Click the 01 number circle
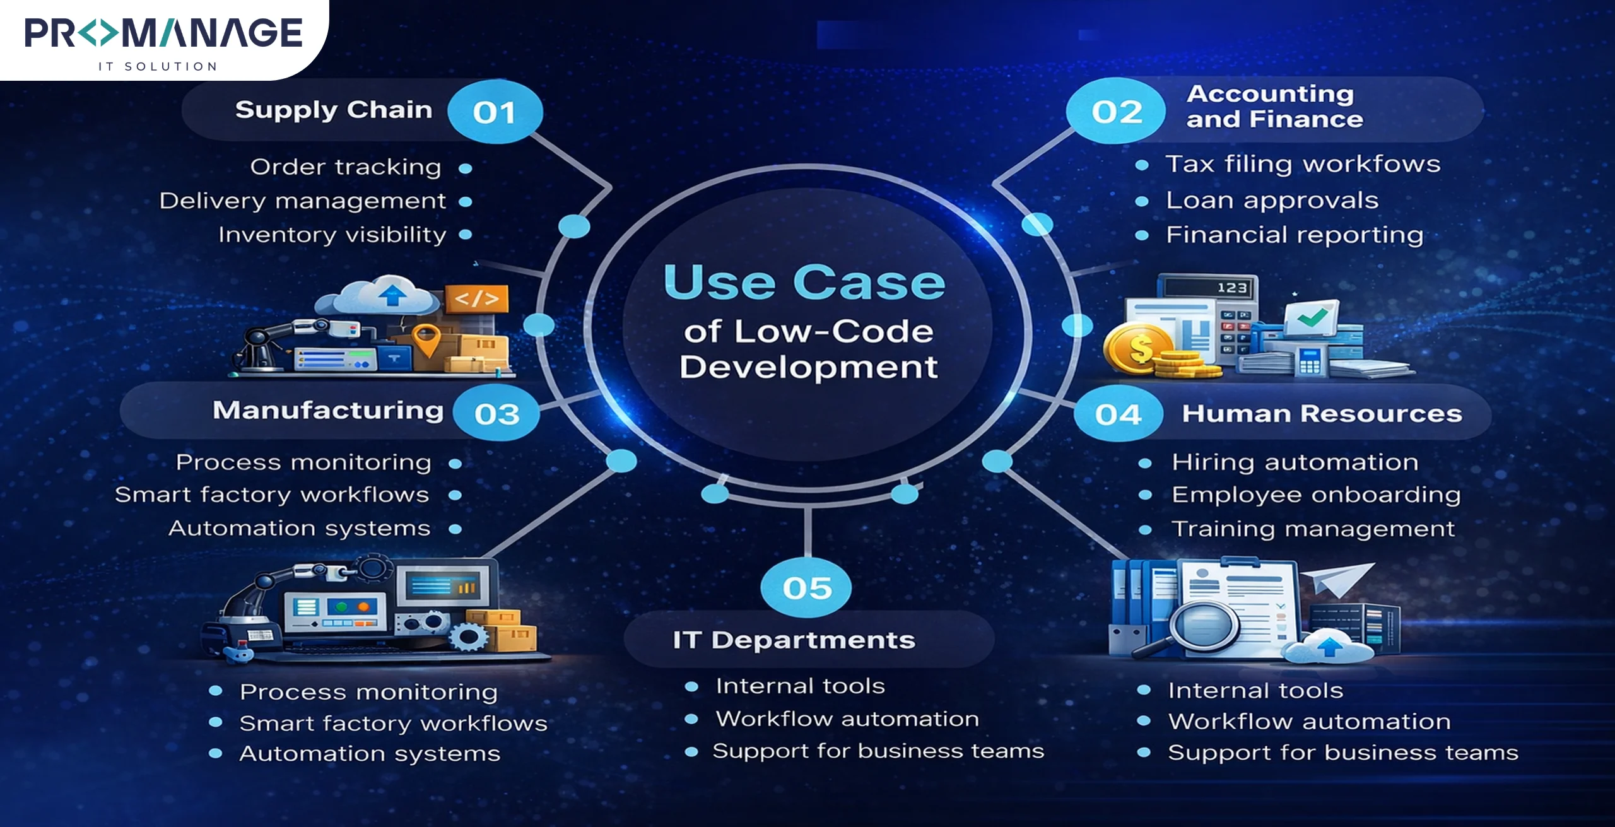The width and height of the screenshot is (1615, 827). click(495, 112)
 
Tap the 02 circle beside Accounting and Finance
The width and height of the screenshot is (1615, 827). click(1116, 112)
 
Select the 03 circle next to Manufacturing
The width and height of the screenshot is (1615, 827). click(496, 413)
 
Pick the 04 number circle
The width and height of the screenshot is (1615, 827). click(1118, 414)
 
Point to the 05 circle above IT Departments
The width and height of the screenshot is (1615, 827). click(806, 587)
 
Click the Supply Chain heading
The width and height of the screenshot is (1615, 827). click(334, 110)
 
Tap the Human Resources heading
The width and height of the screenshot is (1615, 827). click(1322, 413)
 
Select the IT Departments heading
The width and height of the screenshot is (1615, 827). click(794, 640)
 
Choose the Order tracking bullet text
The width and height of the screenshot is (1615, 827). click(346, 167)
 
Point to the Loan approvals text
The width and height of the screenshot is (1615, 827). click(1272, 200)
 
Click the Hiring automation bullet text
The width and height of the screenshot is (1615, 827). click(1295, 462)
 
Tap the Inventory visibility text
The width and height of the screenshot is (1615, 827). click(332, 235)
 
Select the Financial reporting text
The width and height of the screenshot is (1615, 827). click(1295, 235)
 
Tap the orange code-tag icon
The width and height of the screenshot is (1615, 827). click(476, 298)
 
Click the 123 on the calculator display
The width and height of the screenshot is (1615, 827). click(1231, 288)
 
